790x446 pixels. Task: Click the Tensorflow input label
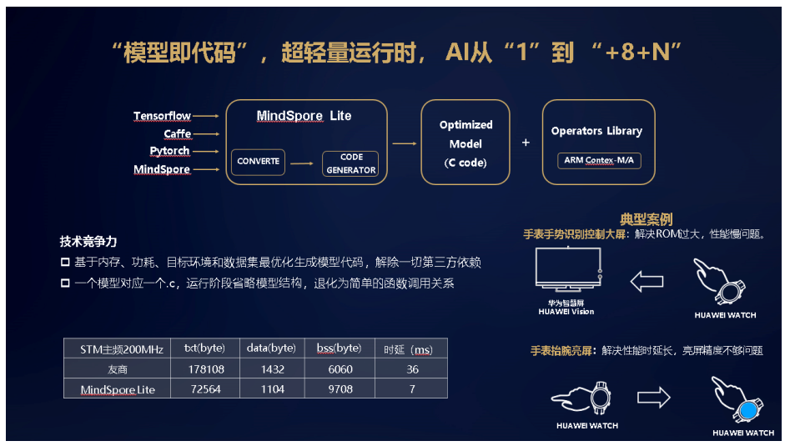click(x=162, y=116)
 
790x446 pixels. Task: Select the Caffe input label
click(x=178, y=134)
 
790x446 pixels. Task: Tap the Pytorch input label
click(x=169, y=151)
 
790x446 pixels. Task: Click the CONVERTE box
click(x=258, y=162)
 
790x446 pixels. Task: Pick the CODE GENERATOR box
click(x=350, y=163)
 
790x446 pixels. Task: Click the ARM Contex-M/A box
click(x=599, y=161)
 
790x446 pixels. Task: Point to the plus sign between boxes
click(x=526, y=143)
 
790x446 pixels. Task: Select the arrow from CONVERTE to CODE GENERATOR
click(x=302, y=163)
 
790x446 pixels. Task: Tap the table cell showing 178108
click(x=205, y=369)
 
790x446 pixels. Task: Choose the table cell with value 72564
click(x=205, y=389)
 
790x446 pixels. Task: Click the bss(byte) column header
click(x=339, y=348)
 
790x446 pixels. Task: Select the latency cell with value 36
click(x=412, y=369)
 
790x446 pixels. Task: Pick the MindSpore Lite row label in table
click(x=118, y=389)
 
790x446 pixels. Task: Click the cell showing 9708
click(x=340, y=389)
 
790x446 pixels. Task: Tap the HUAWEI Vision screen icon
click(x=568, y=269)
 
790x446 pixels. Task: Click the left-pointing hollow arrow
click(x=647, y=282)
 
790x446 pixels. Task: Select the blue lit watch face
click(x=748, y=410)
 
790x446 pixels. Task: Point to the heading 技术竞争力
click(x=88, y=242)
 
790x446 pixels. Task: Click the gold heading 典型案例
click(x=646, y=219)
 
